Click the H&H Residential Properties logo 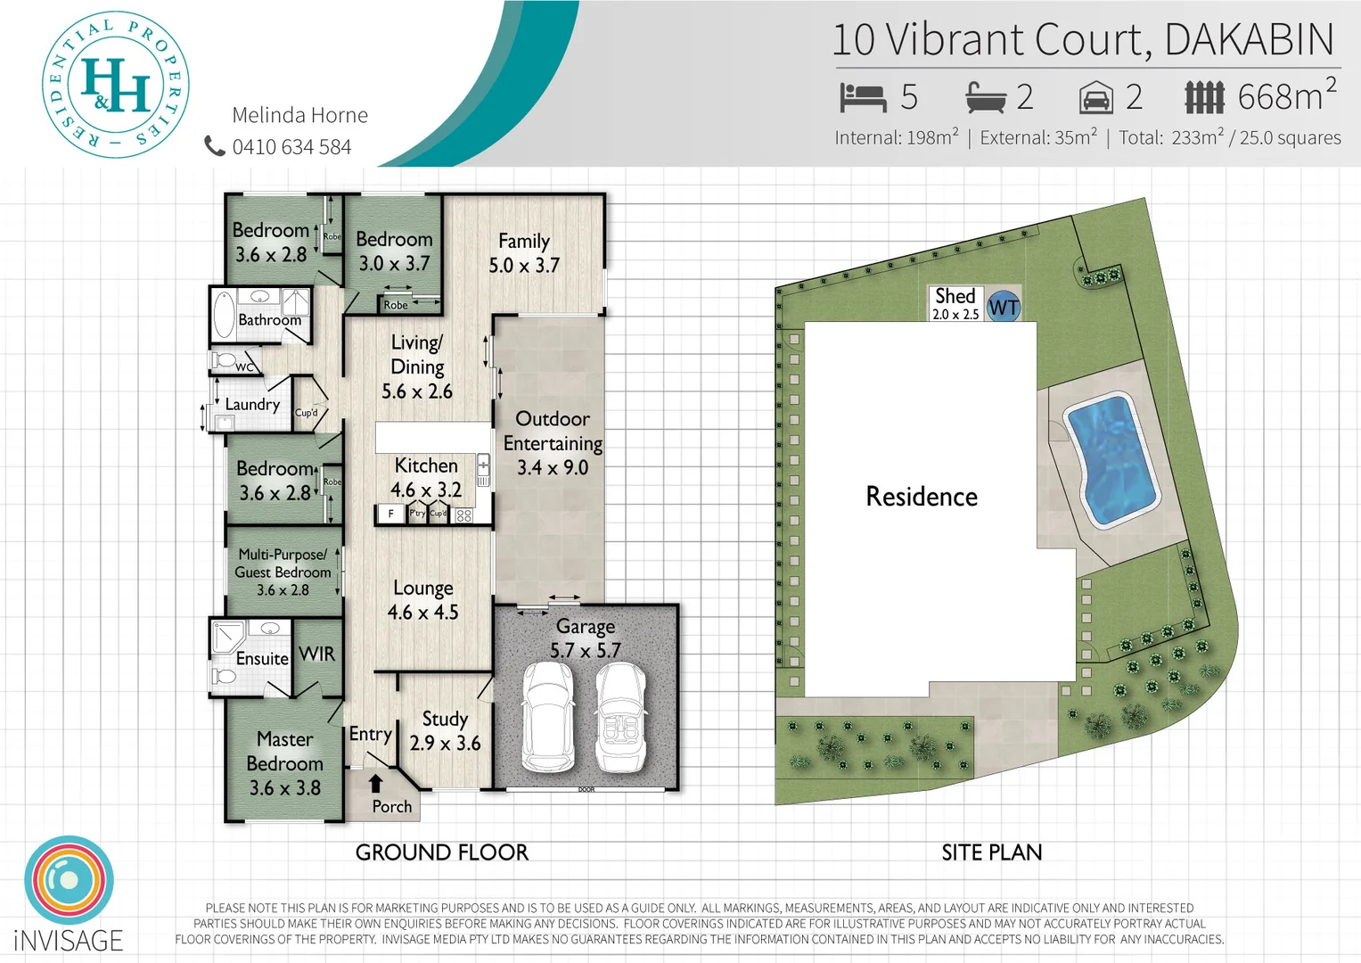point(116,86)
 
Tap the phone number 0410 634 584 point(291,147)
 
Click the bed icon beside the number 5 point(862,97)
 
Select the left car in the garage point(547,718)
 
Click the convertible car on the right point(621,718)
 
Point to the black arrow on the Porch point(376,783)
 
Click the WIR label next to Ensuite point(317,654)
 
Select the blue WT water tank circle point(1004,308)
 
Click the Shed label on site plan point(955,296)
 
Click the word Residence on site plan point(922,497)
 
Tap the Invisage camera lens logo point(69,880)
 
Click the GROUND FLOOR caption point(442,853)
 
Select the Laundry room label point(252,405)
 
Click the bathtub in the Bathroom point(224,314)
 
